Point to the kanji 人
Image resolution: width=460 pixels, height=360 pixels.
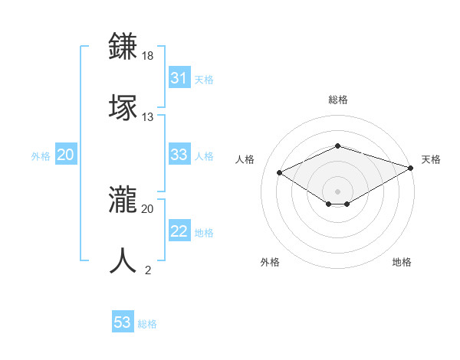(x=125, y=260)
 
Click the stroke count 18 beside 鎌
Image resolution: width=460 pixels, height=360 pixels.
(x=148, y=56)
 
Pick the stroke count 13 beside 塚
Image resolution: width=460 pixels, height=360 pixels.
(x=148, y=117)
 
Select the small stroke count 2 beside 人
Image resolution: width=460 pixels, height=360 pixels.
(x=148, y=270)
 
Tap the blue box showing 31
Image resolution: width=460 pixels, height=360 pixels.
(x=179, y=78)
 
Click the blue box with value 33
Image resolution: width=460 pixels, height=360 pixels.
(x=179, y=155)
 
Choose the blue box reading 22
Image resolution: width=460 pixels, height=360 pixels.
(x=179, y=232)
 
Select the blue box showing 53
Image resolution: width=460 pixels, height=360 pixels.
(x=123, y=322)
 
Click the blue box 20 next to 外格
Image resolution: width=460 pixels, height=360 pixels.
(x=65, y=155)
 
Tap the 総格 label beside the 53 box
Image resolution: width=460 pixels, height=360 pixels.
(x=147, y=324)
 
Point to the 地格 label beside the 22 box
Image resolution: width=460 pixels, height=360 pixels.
(x=204, y=233)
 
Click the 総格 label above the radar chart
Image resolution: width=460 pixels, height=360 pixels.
(x=337, y=100)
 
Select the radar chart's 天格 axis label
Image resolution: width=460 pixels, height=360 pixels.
(x=431, y=159)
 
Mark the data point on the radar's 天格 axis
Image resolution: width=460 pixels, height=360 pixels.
(x=412, y=168)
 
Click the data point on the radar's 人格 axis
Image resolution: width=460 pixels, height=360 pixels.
(x=280, y=172)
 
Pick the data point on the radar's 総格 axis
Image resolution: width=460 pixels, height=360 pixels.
(x=337, y=146)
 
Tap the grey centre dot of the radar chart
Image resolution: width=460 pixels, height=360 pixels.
(x=337, y=191)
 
